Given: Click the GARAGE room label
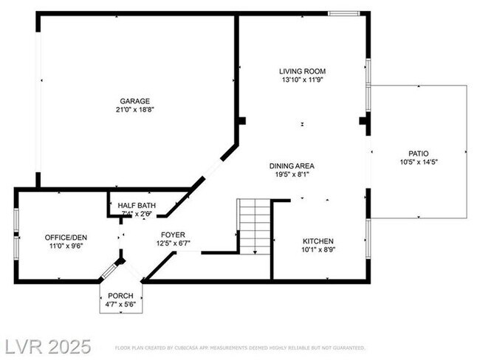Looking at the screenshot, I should tap(135, 101).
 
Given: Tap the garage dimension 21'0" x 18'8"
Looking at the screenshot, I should tap(135, 109).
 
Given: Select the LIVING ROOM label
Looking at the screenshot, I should tap(302, 71).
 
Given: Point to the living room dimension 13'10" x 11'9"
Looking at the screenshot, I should tap(302, 79).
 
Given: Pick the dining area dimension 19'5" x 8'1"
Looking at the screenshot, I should tap(292, 175).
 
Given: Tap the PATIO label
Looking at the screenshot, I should tap(418, 153).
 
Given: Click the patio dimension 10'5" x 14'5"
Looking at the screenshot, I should tap(418, 162).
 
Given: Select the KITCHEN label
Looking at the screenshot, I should tap(318, 241).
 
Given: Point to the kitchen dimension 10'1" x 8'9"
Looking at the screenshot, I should tap(318, 250).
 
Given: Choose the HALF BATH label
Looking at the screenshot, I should tap(137, 205).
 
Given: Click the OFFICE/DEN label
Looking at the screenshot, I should tap(66, 237).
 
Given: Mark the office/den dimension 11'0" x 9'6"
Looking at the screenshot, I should tap(66, 246).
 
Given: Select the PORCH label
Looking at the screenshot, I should tap(120, 295).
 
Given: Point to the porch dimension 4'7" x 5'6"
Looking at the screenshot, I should tap(120, 304).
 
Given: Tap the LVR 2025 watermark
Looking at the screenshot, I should tap(47, 346).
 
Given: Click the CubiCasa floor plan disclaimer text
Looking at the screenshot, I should tap(240, 347).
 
